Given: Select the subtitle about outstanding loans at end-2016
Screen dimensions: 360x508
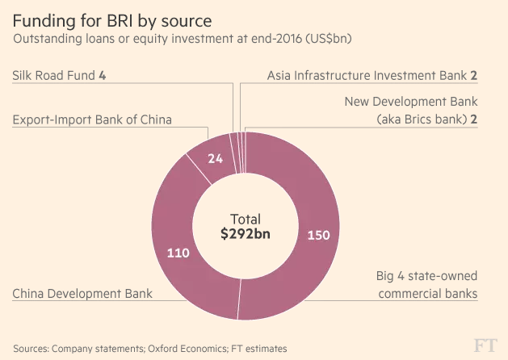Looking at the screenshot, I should pyautogui.click(x=181, y=38).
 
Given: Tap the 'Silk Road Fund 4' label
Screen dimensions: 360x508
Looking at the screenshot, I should pyautogui.click(x=59, y=76).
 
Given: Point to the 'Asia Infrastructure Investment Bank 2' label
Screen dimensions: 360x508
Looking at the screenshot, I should pyautogui.click(x=372, y=76).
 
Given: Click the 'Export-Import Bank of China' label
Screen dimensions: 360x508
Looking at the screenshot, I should pyautogui.click(x=92, y=120).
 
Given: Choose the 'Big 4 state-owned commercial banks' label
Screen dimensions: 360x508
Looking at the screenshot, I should pyautogui.click(x=426, y=283).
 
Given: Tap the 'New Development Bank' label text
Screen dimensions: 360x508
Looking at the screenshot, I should pyautogui.click(x=411, y=102).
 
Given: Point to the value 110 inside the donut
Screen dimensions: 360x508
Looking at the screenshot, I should pyautogui.click(x=178, y=253).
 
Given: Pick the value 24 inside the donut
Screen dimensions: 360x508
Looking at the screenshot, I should pyautogui.click(x=215, y=159).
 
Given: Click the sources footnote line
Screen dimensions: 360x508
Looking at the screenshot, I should pyautogui.click(x=149, y=348).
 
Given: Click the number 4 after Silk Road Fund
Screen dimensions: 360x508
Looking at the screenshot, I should pyautogui.click(x=103, y=76).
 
